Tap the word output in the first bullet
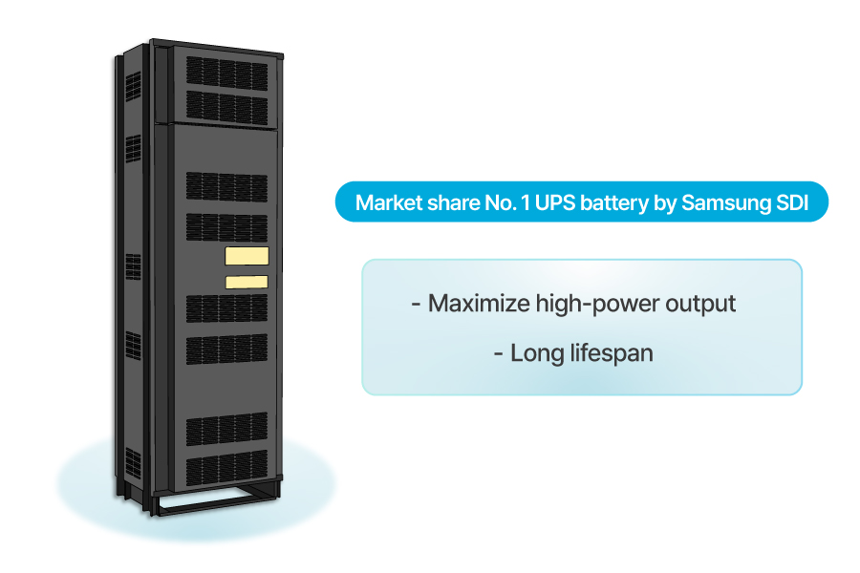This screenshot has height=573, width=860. [701, 304]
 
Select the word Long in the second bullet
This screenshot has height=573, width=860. [536, 352]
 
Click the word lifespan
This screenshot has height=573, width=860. [610, 352]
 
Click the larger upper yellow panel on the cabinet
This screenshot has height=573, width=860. [247, 255]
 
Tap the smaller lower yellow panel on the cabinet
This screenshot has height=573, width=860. [246, 282]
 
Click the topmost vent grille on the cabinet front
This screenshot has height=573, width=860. [226, 72]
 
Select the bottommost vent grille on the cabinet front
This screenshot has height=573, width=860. [226, 468]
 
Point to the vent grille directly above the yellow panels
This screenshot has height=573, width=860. [226, 225]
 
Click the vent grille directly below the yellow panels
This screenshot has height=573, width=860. [226, 307]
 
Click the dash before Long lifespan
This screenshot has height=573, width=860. [499, 353]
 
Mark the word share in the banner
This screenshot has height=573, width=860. [446, 203]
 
